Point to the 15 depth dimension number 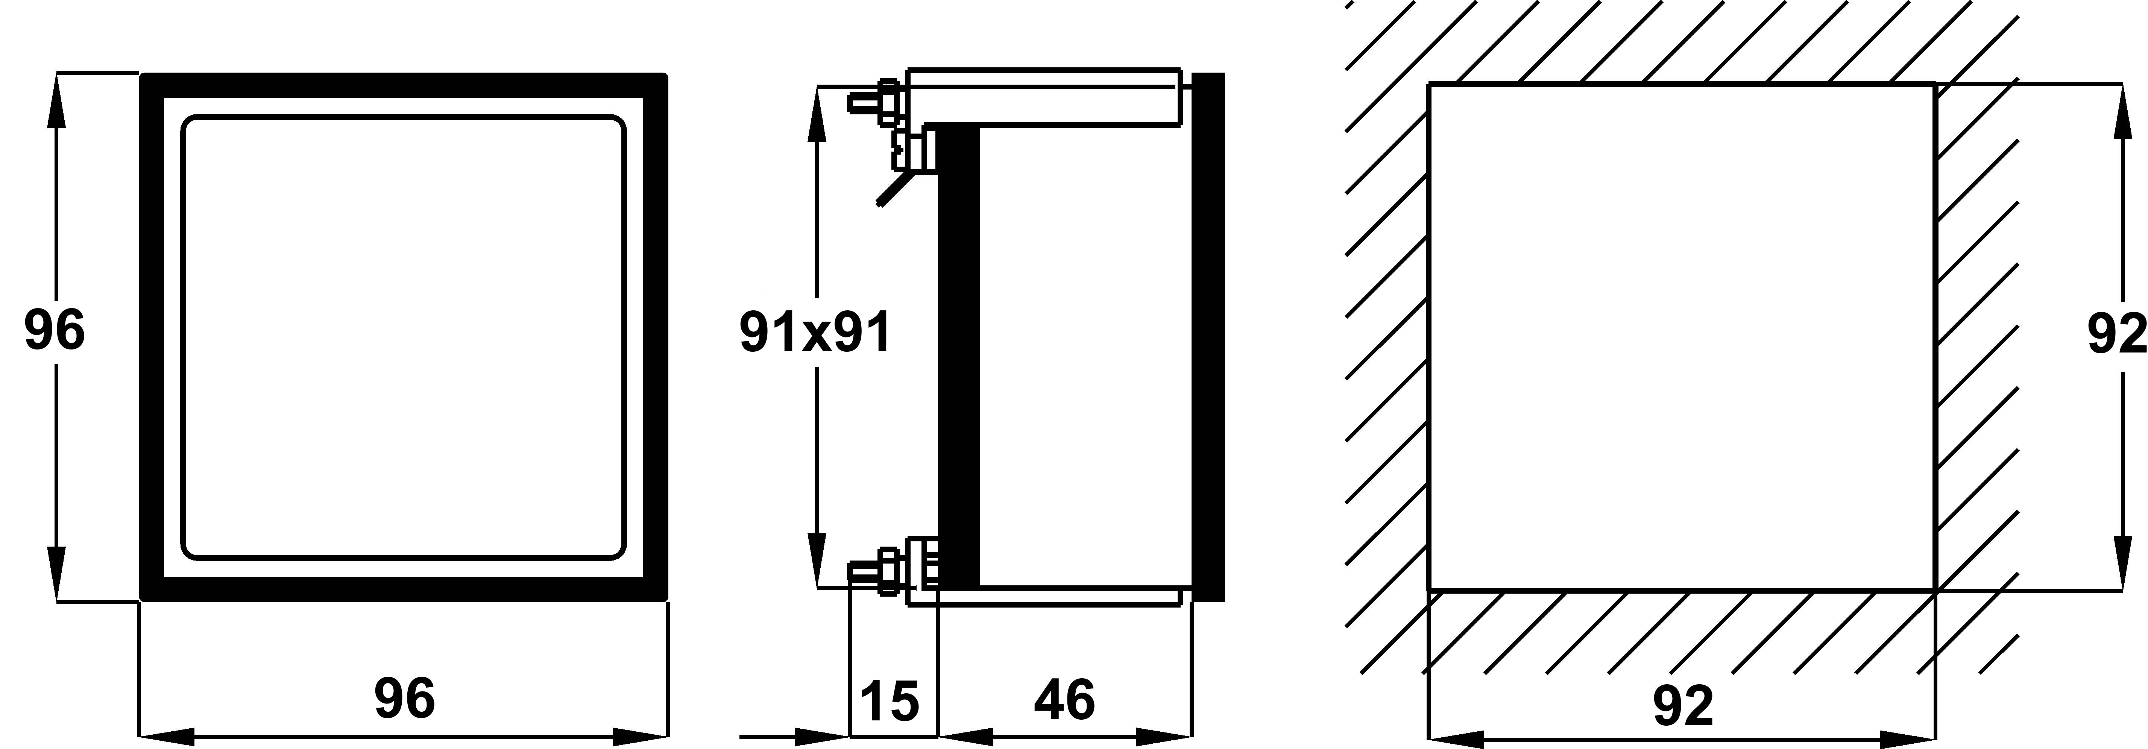890,700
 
